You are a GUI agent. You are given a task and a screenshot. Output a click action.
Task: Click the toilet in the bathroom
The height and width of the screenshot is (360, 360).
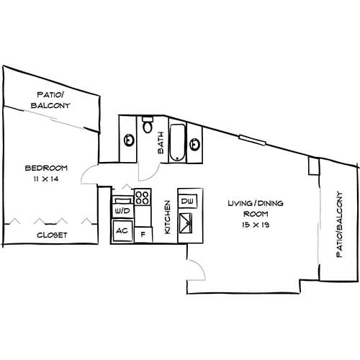[x=148, y=127]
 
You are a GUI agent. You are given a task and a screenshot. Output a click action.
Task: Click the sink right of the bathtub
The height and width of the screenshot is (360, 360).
[x=194, y=143]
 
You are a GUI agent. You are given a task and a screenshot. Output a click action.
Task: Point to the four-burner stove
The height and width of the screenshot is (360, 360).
[x=142, y=195]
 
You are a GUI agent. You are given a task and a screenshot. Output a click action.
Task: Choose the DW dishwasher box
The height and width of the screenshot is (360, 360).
[x=187, y=201]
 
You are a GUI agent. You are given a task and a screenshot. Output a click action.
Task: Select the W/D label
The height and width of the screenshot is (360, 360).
[x=122, y=211]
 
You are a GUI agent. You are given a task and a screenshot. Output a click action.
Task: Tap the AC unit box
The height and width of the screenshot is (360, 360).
[x=122, y=231]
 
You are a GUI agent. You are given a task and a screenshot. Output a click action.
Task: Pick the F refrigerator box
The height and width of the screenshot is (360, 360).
[x=143, y=233]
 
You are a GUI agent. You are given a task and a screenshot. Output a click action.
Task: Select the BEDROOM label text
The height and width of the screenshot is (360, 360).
[x=41, y=168]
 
